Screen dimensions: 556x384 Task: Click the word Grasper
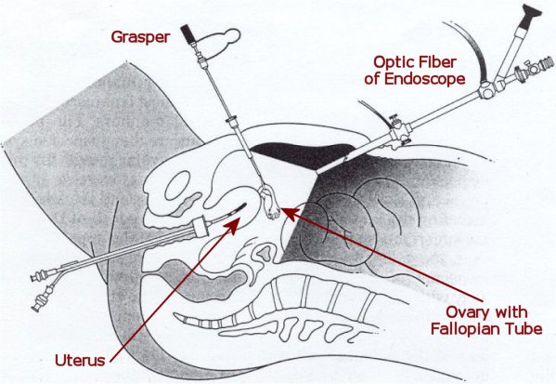pos(140,37)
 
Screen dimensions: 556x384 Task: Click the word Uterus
pos(80,361)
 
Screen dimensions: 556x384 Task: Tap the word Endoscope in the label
pos(425,79)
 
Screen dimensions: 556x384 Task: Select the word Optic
pos(392,62)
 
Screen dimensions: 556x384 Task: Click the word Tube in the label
pos(524,329)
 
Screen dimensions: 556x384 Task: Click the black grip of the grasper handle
pos(187,33)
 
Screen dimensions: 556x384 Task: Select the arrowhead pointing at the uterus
pos(231,226)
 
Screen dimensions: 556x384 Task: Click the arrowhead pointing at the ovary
pos(289,214)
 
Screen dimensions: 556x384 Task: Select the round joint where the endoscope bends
pos(486,90)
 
